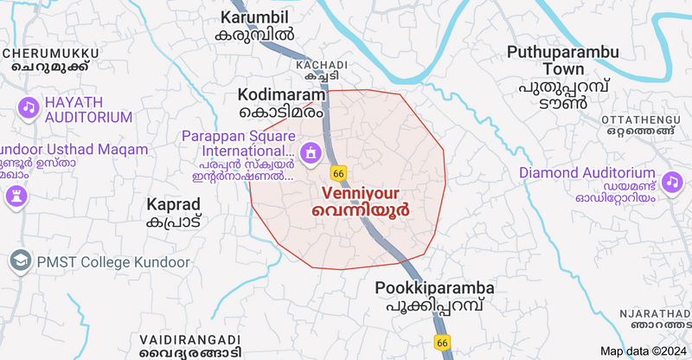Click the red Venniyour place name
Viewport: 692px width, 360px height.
(361, 192)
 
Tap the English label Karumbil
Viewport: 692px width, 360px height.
(254, 17)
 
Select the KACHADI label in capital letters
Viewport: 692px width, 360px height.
(321, 65)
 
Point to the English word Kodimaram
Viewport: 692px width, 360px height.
(279, 93)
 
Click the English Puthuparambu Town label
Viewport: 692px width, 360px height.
(563, 60)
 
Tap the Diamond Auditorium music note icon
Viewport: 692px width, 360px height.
(671, 182)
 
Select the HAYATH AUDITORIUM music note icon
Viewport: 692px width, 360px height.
(29, 107)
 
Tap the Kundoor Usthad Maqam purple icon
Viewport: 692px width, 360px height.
(15, 196)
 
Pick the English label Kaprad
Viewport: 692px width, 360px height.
(174, 204)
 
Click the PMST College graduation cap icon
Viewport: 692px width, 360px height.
(19, 260)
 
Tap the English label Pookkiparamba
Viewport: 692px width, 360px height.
(435, 288)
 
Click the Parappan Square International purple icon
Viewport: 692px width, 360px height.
(311, 154)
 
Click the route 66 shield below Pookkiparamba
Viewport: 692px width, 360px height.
(442, 343)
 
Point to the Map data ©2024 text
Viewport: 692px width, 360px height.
(643, 350)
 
